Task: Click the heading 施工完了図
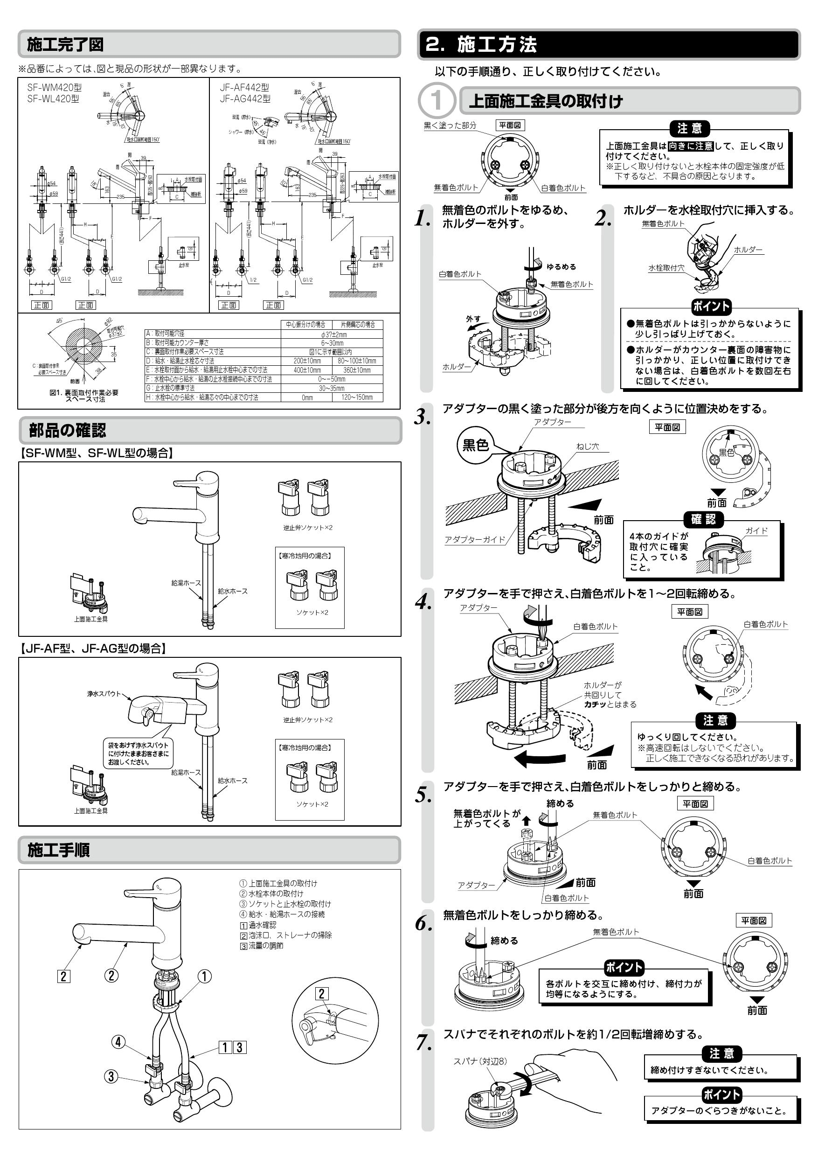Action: [x=65, y=44]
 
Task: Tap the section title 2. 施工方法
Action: [x=481, y=45]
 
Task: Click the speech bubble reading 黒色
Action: [x=476, y=445]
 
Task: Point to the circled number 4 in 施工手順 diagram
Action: [x=118, y=1042]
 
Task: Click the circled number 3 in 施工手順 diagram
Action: [x=111, y=1077]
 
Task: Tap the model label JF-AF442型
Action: [x=244, y=88]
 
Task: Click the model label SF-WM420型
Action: [x=55, y=88]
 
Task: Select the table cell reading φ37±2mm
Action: [x=333, y=334]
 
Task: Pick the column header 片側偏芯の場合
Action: [x=358, y=325]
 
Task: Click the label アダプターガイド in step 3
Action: [x=474, y=539]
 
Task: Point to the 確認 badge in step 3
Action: [x=703, y=519]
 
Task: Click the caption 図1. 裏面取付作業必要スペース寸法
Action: [x=84, y=396]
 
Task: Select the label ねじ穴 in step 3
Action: [x=587, y=446]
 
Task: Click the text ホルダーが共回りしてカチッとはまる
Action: [x=610, y=695]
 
